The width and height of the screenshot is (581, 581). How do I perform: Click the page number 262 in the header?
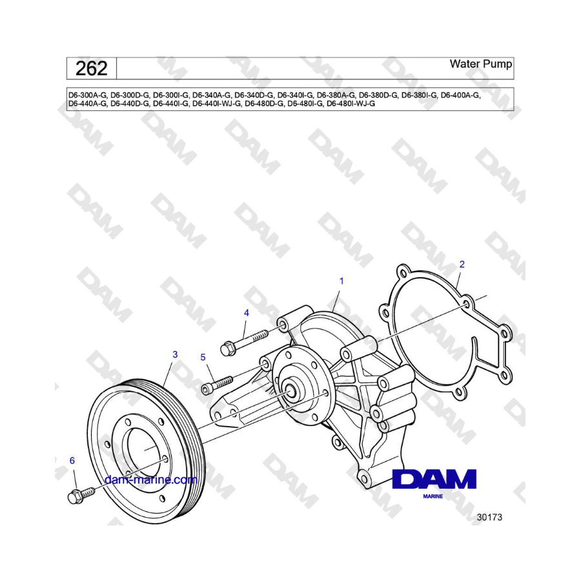[91, 68]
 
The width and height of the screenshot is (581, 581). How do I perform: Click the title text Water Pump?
[480, 64]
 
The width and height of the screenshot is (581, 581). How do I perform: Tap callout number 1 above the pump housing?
[341, 281]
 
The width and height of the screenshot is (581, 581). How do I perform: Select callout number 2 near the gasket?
[462, 264]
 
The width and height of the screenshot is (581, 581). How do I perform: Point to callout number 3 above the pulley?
[175, 354]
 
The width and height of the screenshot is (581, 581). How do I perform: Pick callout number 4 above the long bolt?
[247, 313]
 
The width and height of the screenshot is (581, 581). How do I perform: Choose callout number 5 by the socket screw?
[203, 357]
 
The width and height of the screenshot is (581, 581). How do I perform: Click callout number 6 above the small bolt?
[72, 460]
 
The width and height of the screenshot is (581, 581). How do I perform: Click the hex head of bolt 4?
[227, 349]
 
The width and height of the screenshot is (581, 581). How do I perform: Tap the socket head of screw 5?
[207, 389]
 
